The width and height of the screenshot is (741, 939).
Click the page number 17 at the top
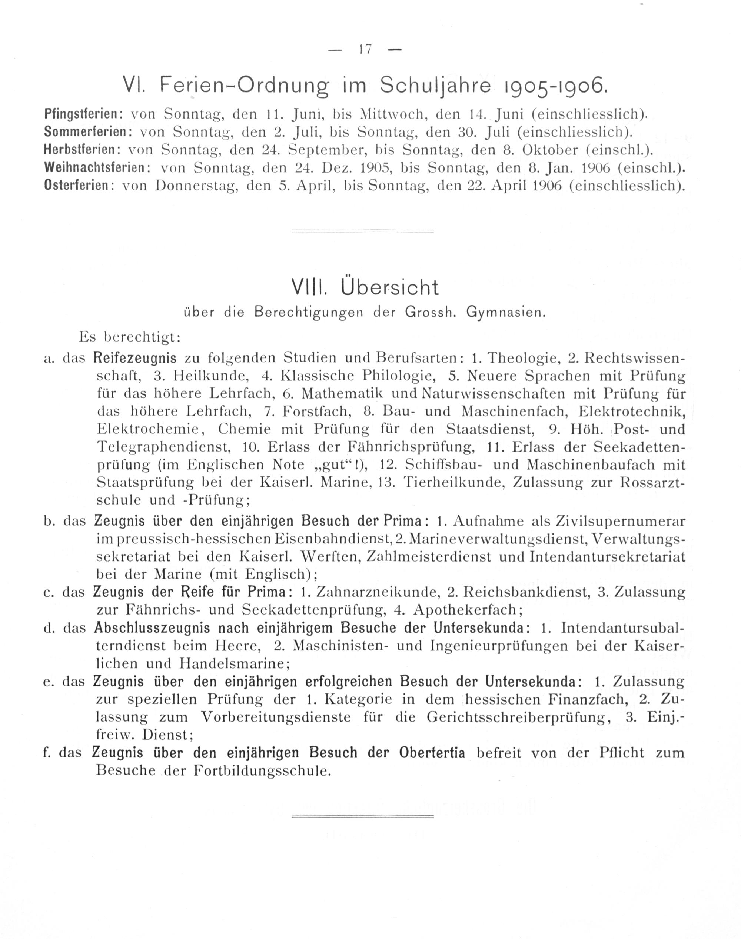[x=366, y=49]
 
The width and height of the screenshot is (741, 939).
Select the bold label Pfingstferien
[x=81, y=114]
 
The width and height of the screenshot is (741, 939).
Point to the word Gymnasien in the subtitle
[x=505, y=313]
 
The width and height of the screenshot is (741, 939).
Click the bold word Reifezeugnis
[x=135, y=358]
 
